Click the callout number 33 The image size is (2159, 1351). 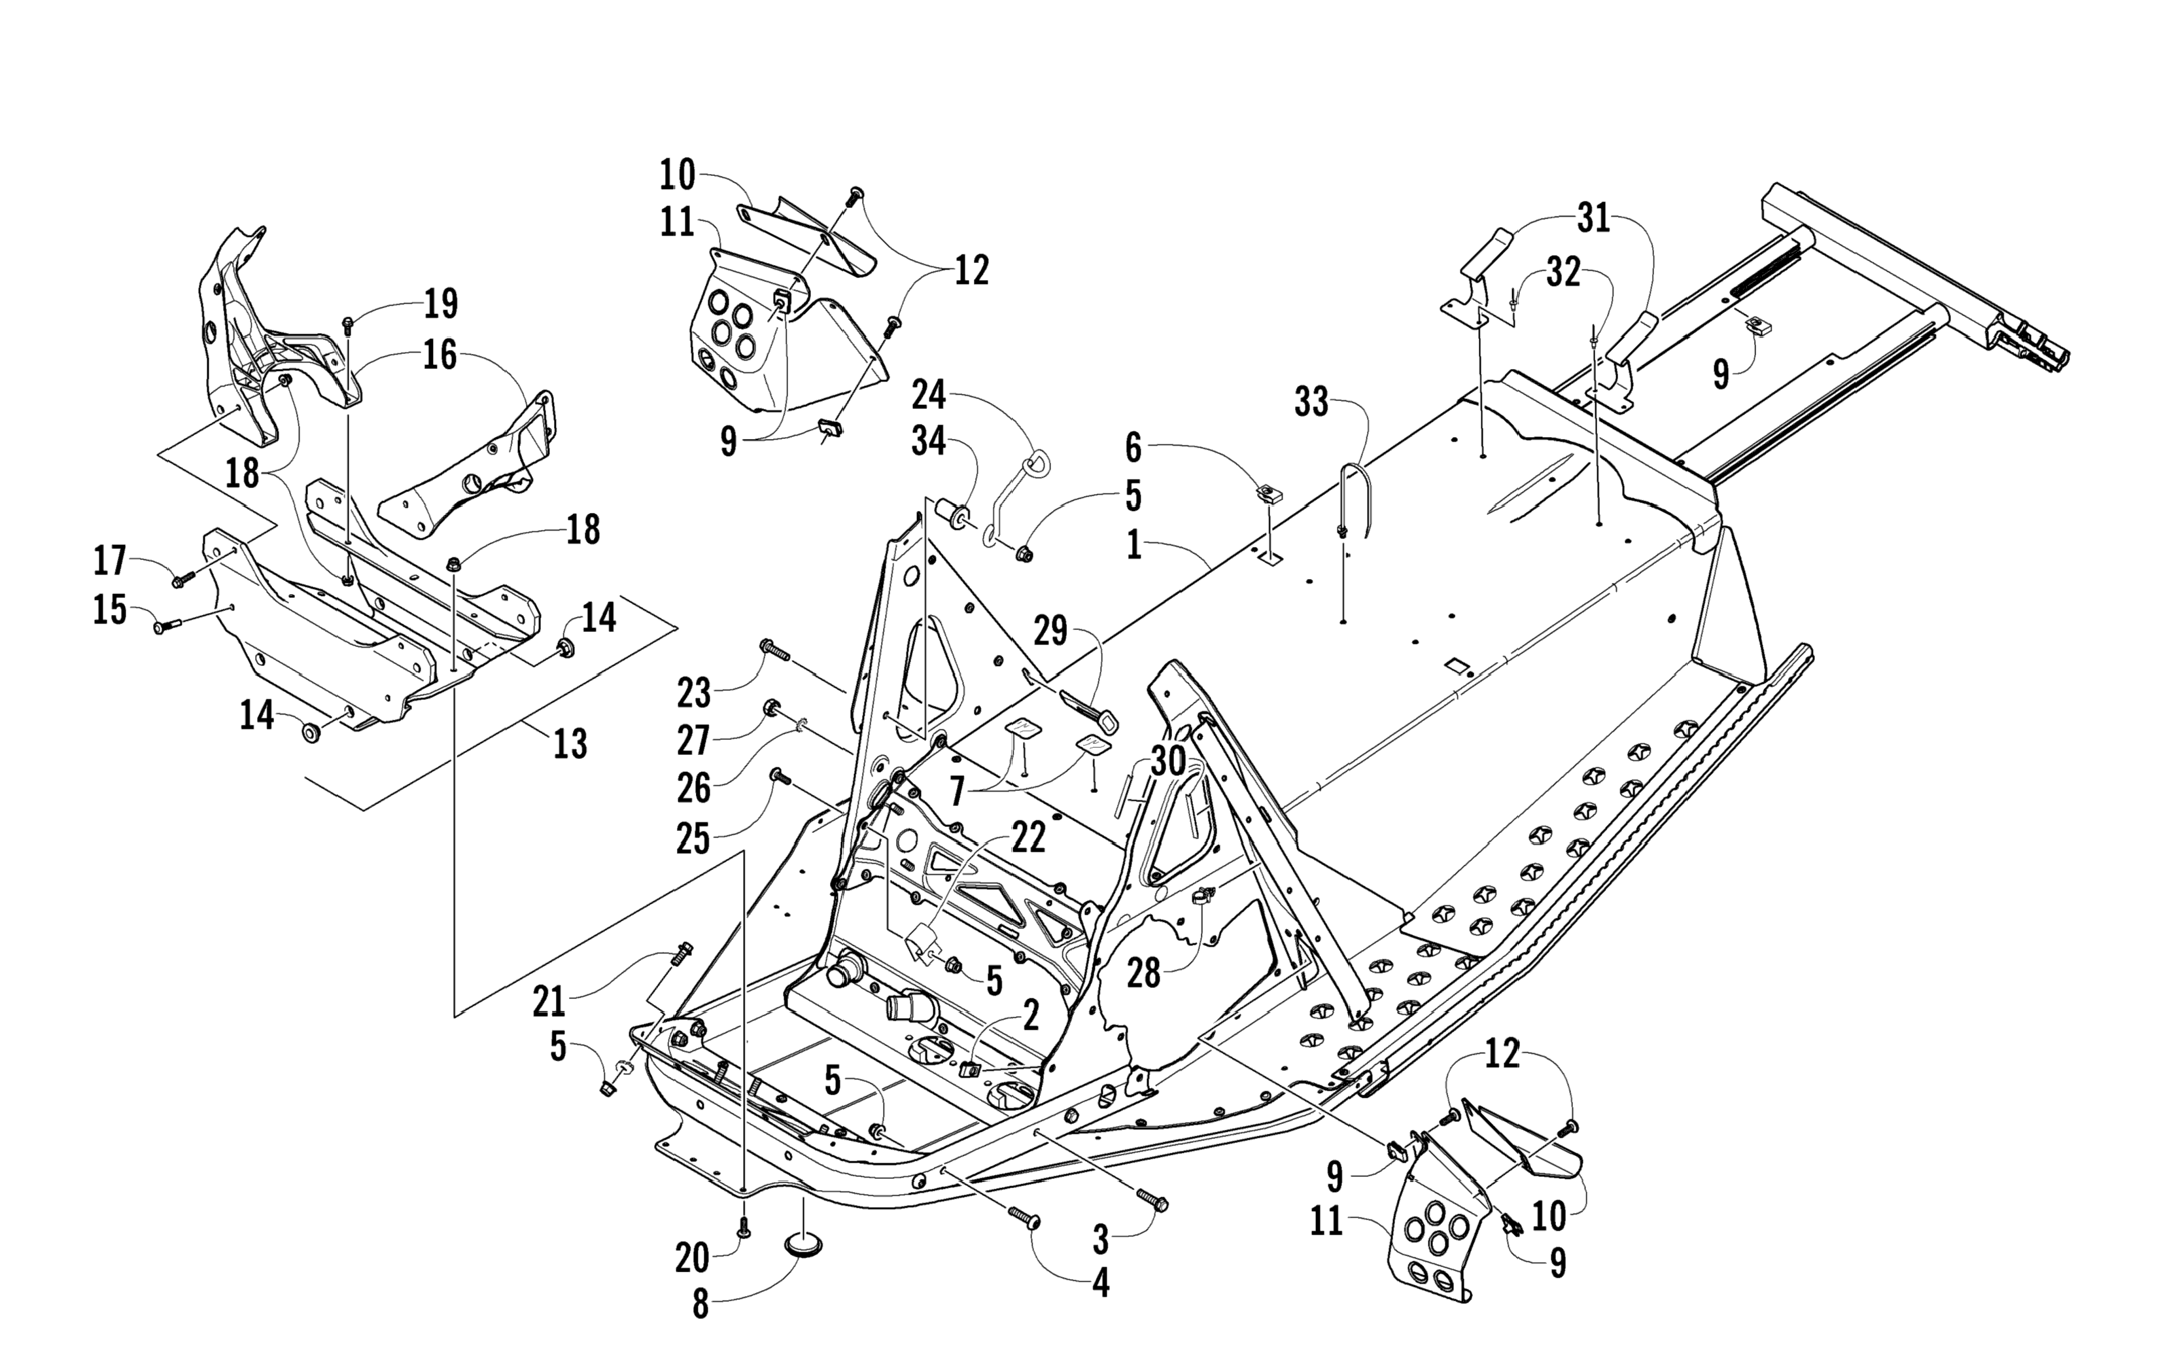[1311, 403]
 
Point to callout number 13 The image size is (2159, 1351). [570, 743]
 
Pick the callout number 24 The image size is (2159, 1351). [928, 393]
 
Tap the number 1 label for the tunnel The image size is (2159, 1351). [1133, 544]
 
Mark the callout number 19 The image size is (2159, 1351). [440, 304]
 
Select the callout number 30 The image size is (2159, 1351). [1167, 762]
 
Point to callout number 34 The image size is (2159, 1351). [928, 440]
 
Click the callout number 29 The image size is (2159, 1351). [1050, 631]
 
